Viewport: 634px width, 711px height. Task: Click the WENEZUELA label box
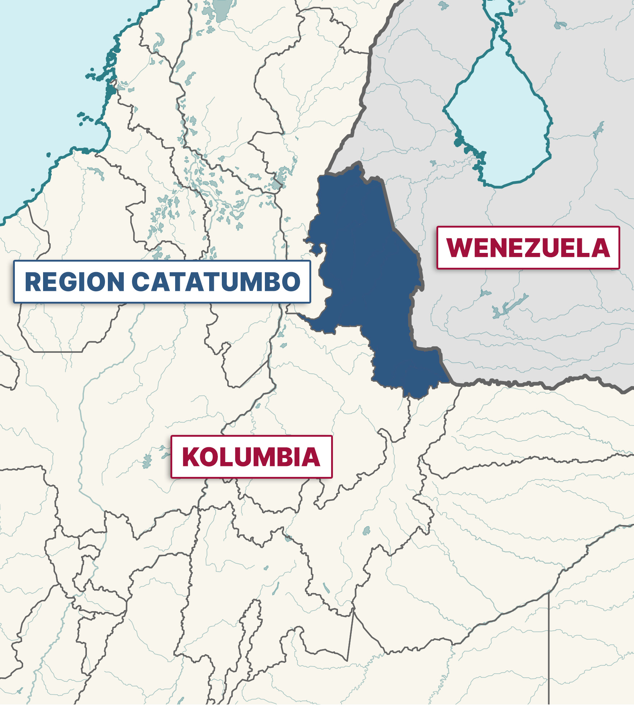tap(528, 248)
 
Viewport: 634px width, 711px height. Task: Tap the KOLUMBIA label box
tap(251, 457)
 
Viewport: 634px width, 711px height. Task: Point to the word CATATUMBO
tap(216, 282)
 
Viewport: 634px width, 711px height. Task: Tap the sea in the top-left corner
tap(43, 72)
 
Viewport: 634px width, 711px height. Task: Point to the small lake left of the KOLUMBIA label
tap(147, 461)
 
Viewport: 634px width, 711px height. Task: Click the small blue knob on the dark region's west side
tap(315, 249)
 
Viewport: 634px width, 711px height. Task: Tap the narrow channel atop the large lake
tap(499, 22)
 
